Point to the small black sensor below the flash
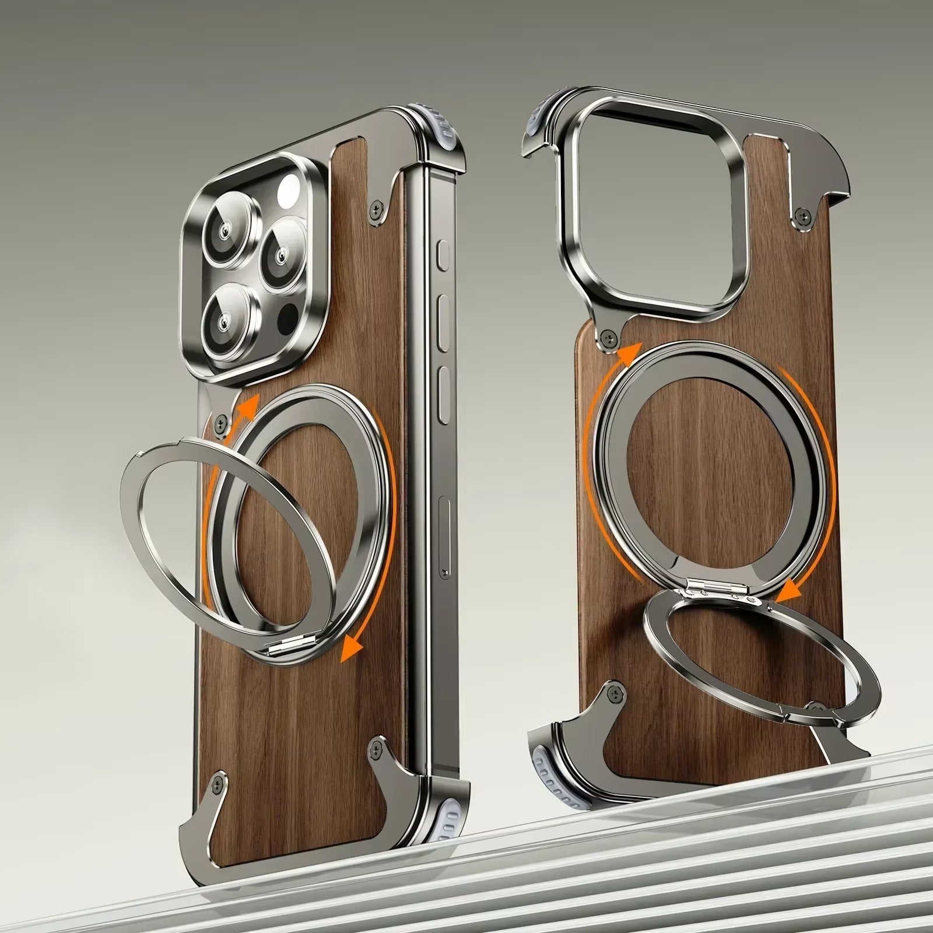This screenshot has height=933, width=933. click(289, 318)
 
